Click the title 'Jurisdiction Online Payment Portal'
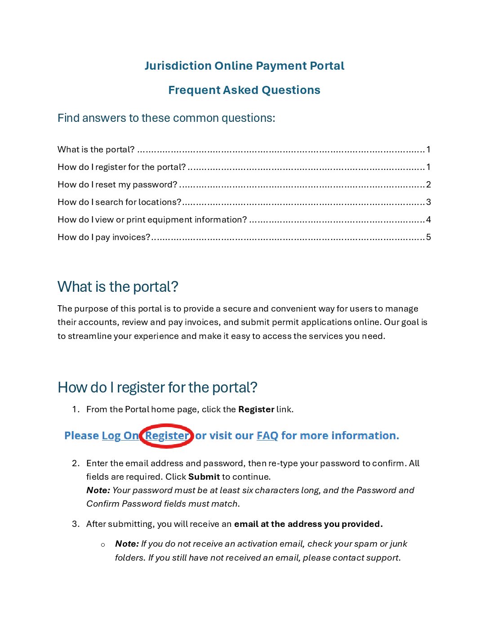[244, 66]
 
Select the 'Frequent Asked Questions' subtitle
[244, 90]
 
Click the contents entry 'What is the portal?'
[96, 150]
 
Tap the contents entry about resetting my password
[117, 185]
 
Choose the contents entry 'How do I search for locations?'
[119, 202]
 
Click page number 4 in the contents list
[428, 220]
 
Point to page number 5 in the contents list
[428, 237]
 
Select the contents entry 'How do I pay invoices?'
[104, 237]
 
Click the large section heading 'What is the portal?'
[118, 287]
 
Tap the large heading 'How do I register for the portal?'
[157, 388]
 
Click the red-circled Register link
[167, 436]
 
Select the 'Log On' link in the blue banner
[120, 436]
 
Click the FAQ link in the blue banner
[267, 436]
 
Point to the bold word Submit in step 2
[204, 477]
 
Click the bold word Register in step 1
[256, 410]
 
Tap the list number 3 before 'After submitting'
[75, 524]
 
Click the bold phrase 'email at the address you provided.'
[308, 524]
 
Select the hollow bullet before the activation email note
[103, 545]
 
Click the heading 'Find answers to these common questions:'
[166, 118]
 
